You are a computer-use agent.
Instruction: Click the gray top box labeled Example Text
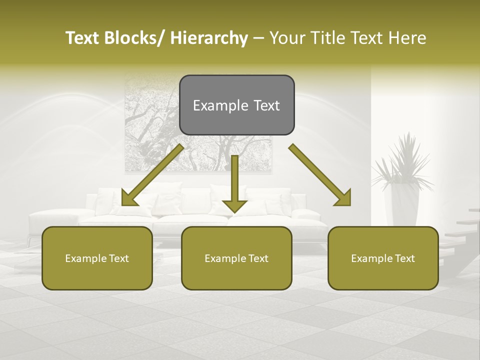236,105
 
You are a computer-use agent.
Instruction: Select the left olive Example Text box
97,258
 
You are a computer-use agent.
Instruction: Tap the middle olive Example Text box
236,258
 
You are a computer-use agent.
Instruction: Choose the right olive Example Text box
383,258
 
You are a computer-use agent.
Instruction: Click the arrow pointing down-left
152,175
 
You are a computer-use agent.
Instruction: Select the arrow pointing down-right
320,175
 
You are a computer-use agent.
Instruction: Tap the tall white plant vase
405,205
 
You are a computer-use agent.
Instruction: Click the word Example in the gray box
213,105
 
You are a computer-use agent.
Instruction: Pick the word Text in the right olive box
404,258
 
